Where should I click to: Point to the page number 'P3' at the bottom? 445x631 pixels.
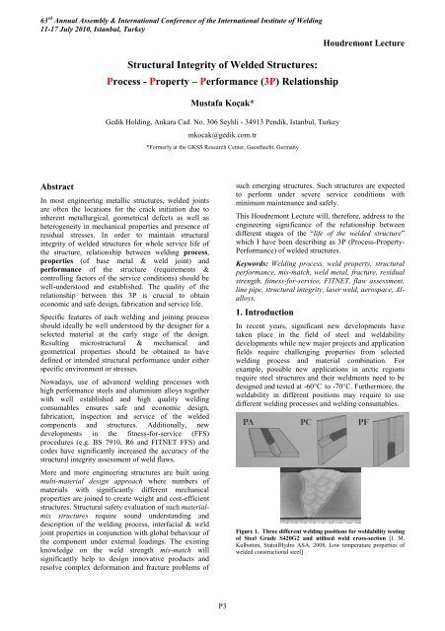(x=222, y=609)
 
